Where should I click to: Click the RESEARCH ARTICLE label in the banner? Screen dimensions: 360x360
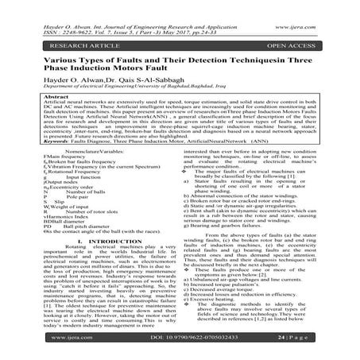(59, 35)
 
